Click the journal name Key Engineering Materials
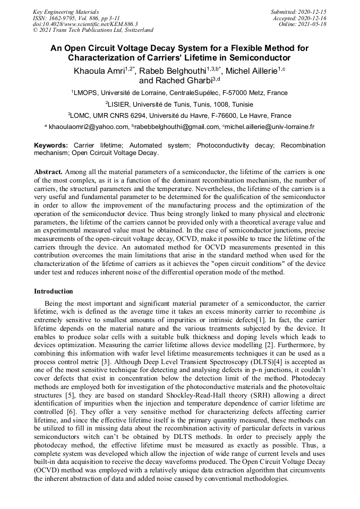pyautogui.click(x=66, y=12)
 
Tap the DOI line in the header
pyautogui.click(x=85, y=24)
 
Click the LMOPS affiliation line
pyautogui.click(x=179, y=92)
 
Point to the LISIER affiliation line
pyautogui.click(x=179, y=104)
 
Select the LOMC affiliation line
pyautogui.click(x=179, y=115)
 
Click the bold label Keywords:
pyautogui.click(x=51, y=145)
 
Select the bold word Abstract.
pyautogui.click(x=49, y=173)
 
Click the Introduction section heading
pyautogui.click(x=54, y=291)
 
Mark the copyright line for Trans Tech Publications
pyautogui.click(x=93, y=31)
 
